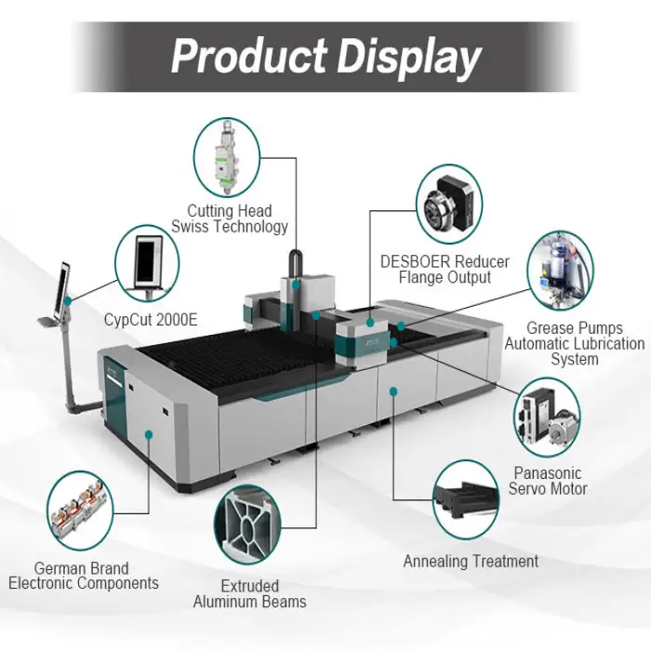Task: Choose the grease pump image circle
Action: point(561,271)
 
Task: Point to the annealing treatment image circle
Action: point(471,500)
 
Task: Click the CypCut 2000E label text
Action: point(151,321)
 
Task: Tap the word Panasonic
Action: point(549,472)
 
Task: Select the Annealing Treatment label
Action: point(471,562)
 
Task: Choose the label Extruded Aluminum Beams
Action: point(249,594)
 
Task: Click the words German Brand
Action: point(82,568)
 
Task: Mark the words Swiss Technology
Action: point(229,226)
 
